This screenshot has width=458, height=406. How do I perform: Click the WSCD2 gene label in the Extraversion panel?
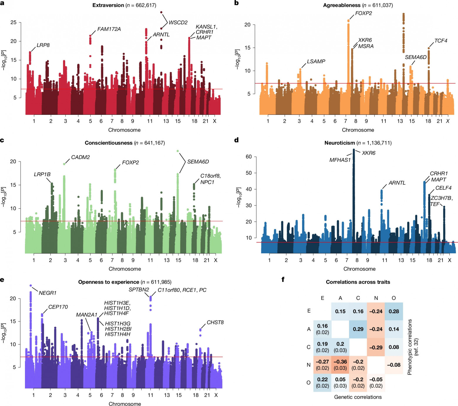[x=178, y=23]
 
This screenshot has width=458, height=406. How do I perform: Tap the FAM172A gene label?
[x=109, y=29]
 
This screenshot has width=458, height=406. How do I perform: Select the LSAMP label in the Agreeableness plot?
[x=316, y=61]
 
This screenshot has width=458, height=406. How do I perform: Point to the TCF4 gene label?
[x=441, y=41]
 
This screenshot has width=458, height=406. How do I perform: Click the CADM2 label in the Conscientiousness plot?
[x=80, y=157]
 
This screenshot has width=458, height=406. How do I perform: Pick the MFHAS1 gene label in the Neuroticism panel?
[x=340, y=160]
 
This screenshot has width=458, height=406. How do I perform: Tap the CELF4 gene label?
[x=443, y=188]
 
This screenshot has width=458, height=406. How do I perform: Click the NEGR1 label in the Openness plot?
[x=48, y=293]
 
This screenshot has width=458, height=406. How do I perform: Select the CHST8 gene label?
[x=215, y=322]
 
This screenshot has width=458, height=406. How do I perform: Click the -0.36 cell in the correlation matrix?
[x=340, y=365]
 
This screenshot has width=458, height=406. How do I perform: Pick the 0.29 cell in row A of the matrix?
[x=358, y=329]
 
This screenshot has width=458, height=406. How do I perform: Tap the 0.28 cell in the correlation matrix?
[x=394, y=311]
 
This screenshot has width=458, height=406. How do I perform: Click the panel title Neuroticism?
[x=340, y=143]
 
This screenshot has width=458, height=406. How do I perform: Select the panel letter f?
[x=283, y=279]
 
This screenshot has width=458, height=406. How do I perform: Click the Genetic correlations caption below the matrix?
[x=358, y=397]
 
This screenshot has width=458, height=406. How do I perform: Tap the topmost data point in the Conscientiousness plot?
[x=178, y=151]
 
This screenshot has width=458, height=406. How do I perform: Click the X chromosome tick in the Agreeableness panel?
[x=448, y=121]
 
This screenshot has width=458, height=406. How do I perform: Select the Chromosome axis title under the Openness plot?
[x=125, y=404]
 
